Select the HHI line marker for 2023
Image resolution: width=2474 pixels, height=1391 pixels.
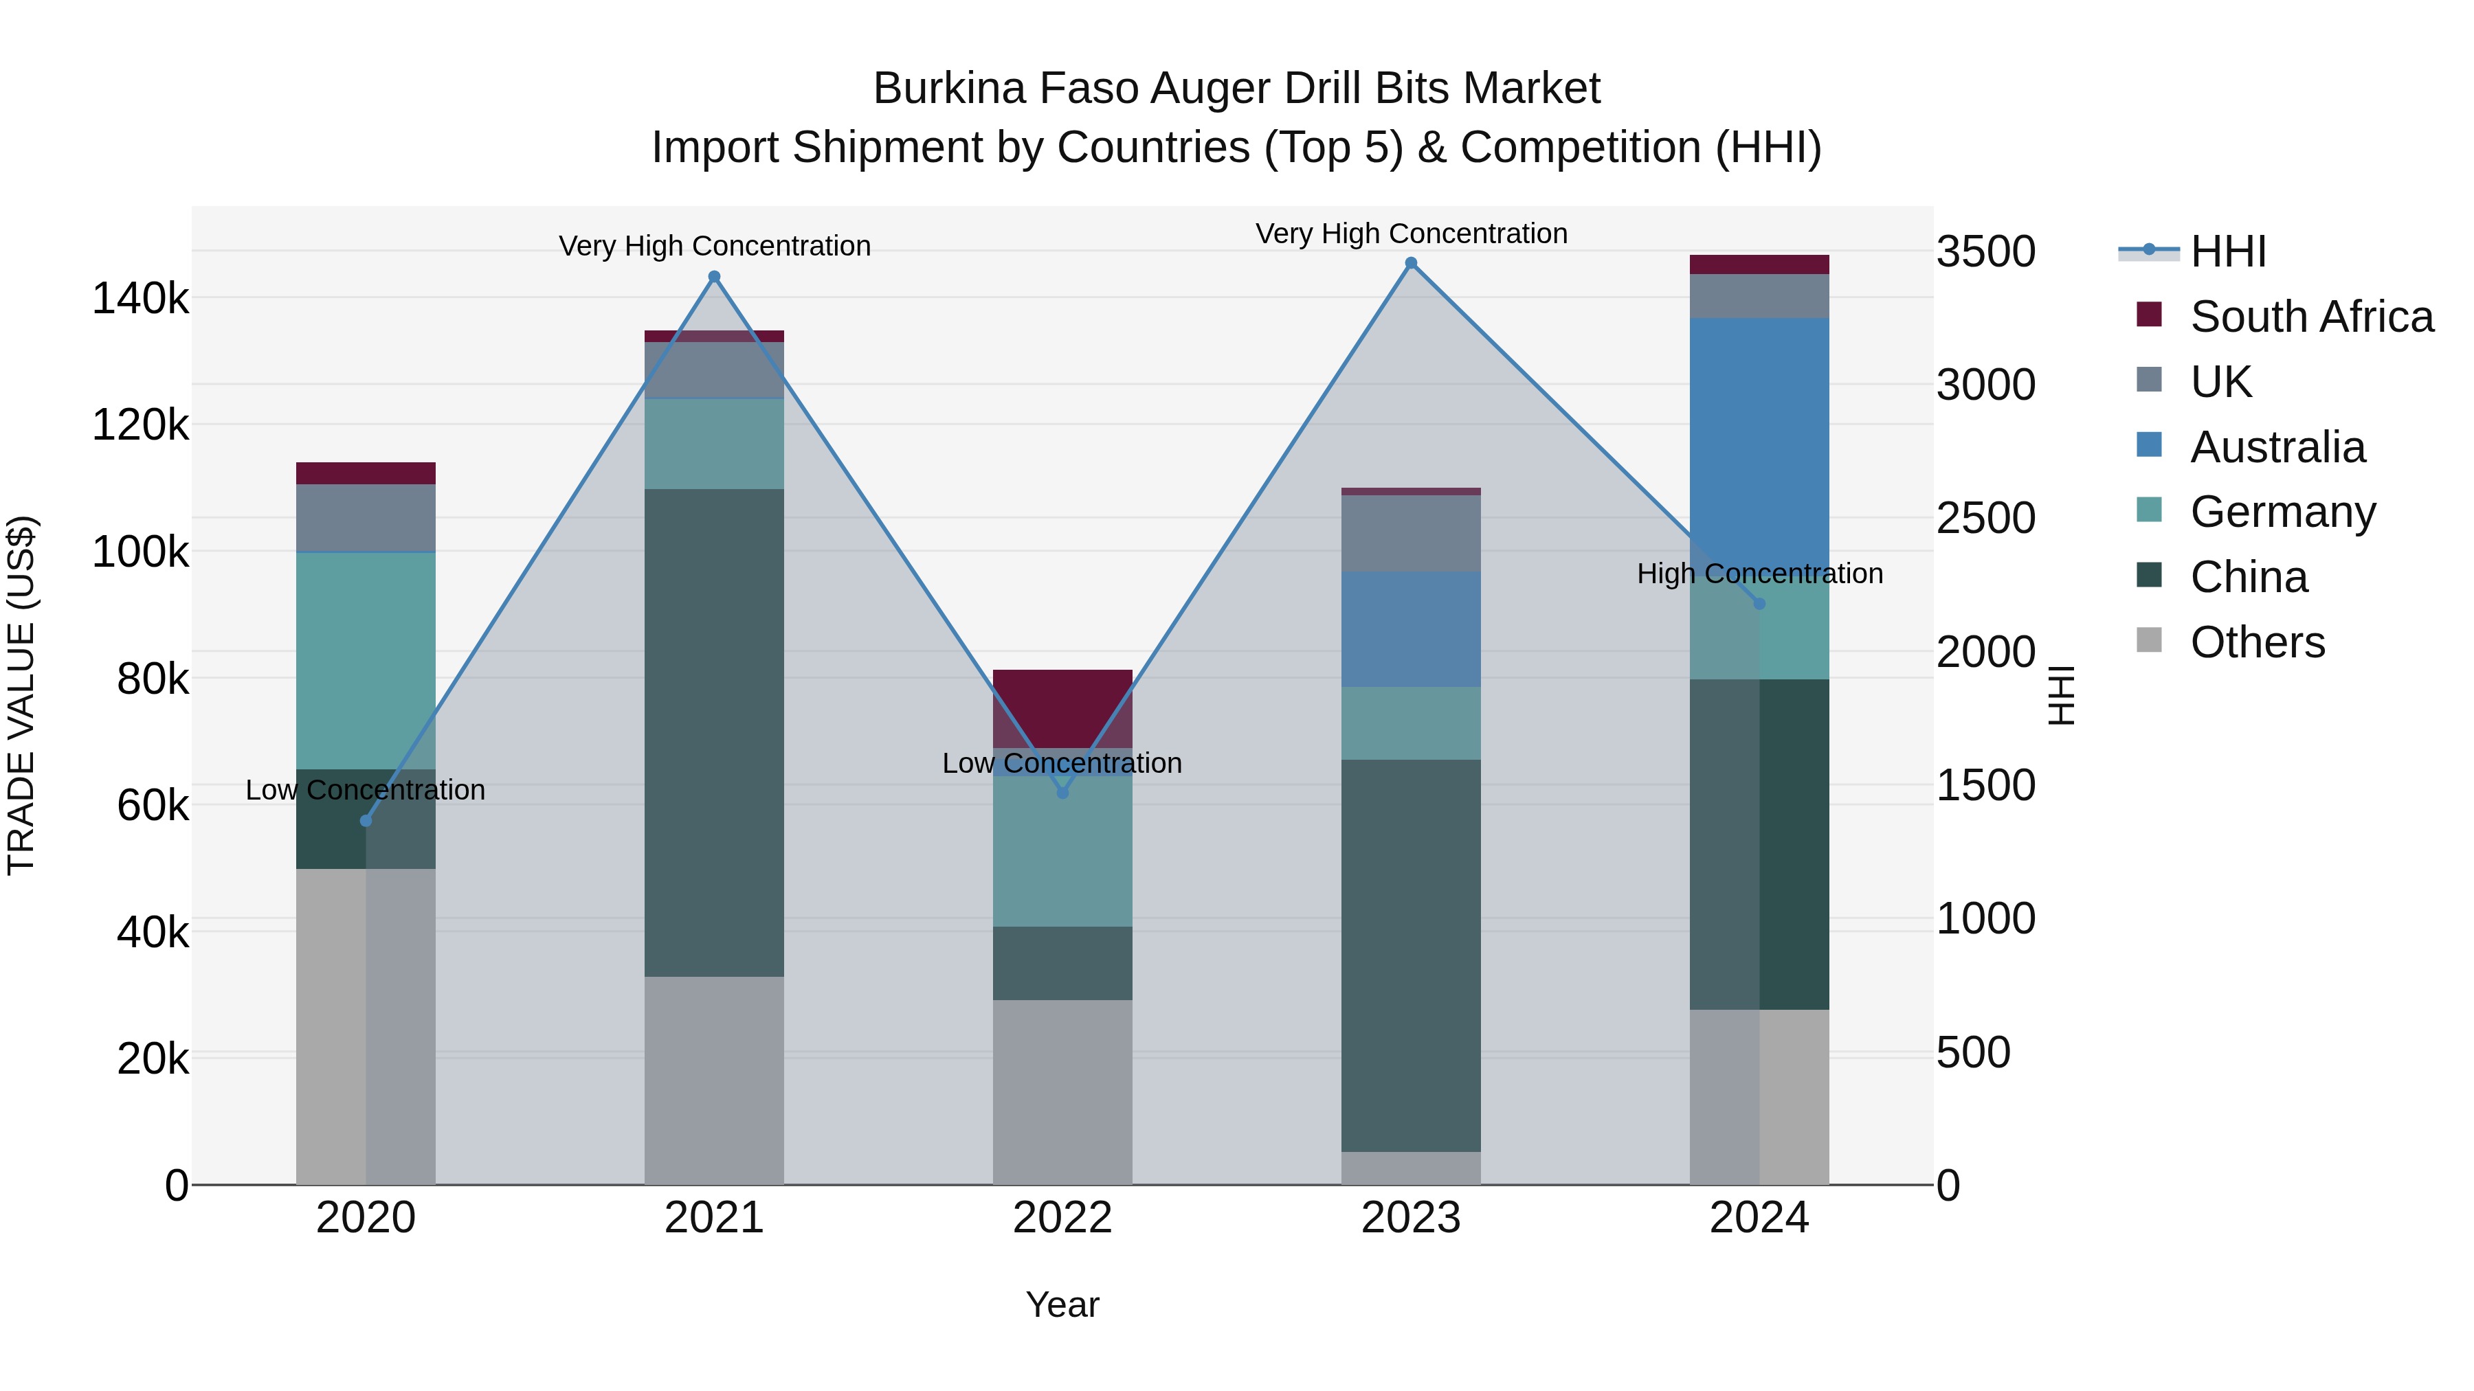[x=1411, y=263]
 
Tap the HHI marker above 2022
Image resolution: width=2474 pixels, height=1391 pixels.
[x=1062, y=793]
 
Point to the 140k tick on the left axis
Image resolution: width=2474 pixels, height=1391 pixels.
[x=140, y=299]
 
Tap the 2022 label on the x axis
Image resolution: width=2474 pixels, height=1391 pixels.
[x=1062, y=1218]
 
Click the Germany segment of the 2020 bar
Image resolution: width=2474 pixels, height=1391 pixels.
[x=366, y=660]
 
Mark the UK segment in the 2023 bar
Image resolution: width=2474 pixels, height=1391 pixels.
[x=1411, y=534]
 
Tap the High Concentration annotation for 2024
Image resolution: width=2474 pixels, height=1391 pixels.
[x=1759, y=574]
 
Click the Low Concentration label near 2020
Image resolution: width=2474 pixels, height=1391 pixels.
[x=366, y=790]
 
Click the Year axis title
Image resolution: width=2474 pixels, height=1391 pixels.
[x=1062, y=1304]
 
